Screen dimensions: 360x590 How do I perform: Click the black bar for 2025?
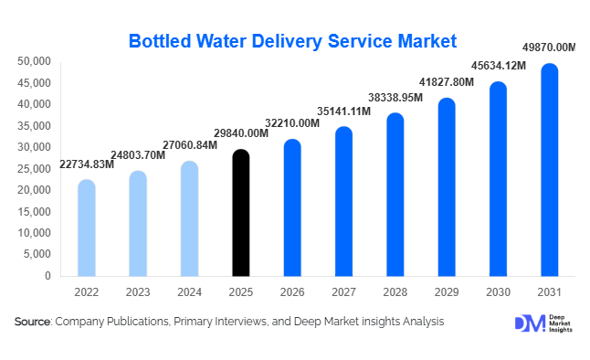[x=240, y=213]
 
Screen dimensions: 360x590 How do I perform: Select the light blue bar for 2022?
[x=86, y=228]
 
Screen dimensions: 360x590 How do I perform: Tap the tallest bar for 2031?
[x=549, y=170]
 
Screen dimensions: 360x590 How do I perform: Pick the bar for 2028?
[x=395, y=195]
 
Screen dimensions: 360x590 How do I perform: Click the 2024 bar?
[x=189, y=218]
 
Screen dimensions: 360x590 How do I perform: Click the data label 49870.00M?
[x=548, y=48]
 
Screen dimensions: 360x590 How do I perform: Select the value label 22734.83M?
[x=87, y=164]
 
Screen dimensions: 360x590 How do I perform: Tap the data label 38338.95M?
[x=395, y=97]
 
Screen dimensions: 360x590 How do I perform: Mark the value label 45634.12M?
[x=497, y=66]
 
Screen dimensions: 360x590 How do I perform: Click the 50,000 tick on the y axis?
[x=34, y=61]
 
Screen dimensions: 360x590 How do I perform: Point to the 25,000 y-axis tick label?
[x=34, y=168]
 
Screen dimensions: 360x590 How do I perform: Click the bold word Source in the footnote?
[x=32, y=322]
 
